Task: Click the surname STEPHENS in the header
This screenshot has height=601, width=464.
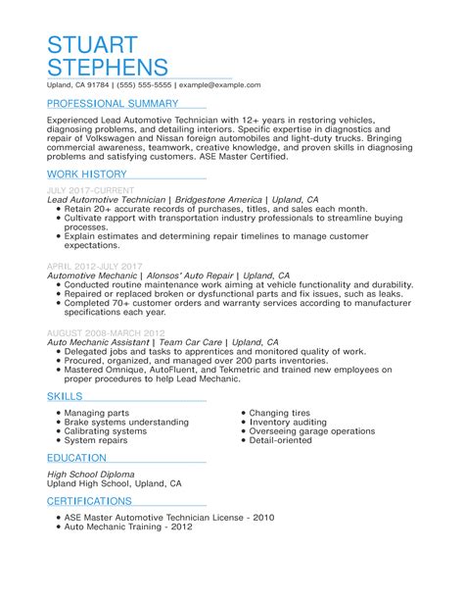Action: click(x=108, y=68)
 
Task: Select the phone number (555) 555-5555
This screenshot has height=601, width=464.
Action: click(x=148, y=85)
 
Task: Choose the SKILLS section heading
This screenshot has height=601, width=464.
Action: click(x=66, y=369)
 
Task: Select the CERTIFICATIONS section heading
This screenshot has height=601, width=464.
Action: click(x=95, y=501)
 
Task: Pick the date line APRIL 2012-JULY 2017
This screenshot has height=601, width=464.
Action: click(x=95, y=266)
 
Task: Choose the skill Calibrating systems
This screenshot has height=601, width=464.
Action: click(x=106, y=404)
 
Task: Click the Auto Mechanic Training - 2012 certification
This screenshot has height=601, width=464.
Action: click(x=128, y=526)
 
